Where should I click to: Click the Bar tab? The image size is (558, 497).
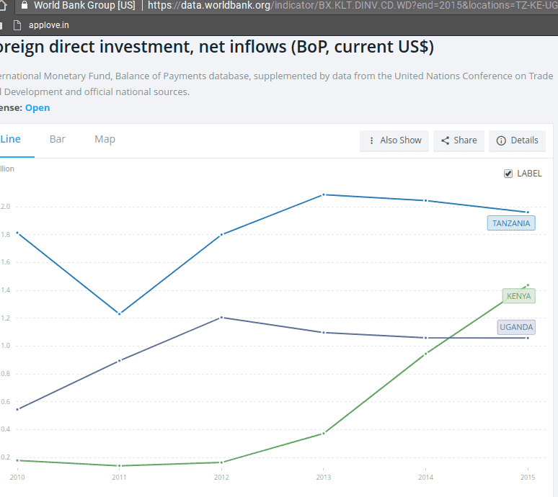(57, 139)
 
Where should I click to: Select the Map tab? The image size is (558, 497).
(105, 139)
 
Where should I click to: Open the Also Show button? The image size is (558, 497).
(394, 140)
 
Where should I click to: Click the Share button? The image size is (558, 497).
(459, 140)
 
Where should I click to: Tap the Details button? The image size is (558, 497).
(517, 140)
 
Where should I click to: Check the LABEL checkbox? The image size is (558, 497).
(508, 174)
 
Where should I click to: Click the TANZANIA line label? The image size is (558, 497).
(511, 223)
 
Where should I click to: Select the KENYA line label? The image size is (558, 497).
(518, 296)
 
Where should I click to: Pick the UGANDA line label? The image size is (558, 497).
(516, 327)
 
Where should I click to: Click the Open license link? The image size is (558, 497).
(37, 108)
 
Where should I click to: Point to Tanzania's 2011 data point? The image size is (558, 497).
(119, 313)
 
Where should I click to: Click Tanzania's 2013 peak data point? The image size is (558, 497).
(324, 194)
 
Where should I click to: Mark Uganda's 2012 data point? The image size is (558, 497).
(221, 318)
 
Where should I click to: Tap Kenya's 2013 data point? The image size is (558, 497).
(324, 434)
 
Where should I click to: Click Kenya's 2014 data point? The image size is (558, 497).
(425, 354)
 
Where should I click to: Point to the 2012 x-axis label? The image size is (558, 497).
(221, 477)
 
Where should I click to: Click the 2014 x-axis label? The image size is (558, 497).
(425, 477)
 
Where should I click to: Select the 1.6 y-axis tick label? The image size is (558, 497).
(6, 262)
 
